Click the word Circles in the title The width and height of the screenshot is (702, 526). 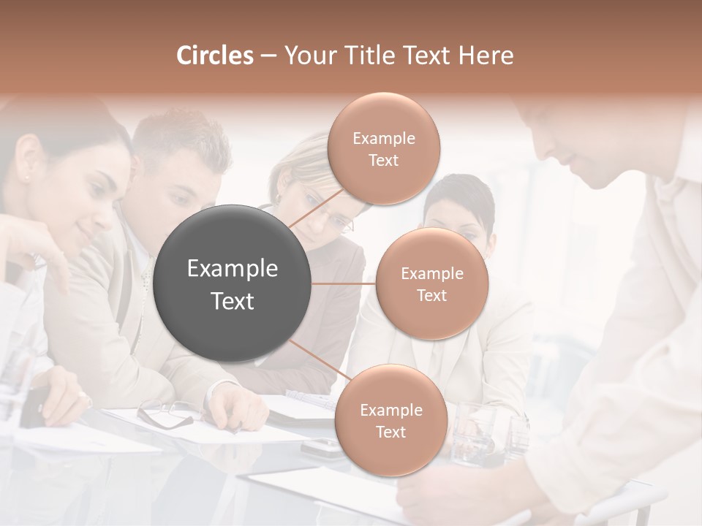point(214,56)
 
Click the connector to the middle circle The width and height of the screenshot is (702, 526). point(344,283)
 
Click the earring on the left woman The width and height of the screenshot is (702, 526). point(27,176)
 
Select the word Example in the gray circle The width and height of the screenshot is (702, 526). point(233,269)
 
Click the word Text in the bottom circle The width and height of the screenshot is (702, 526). point(390,432)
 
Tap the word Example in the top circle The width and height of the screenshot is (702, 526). point(383,138)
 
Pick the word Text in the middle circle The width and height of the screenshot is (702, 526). point(431,295)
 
